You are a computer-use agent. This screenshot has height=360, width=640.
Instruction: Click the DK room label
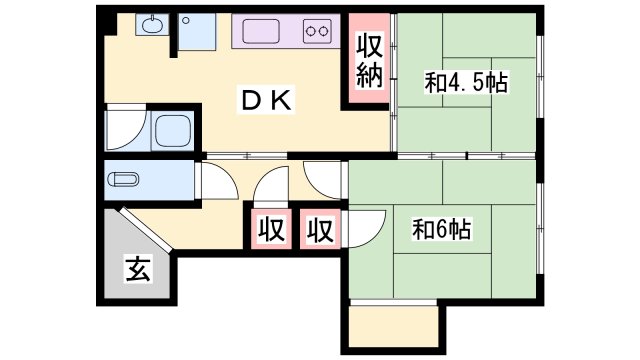tap(267, 100)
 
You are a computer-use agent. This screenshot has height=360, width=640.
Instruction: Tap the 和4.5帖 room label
tap(466, 82)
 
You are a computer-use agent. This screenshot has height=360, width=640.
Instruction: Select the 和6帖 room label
tap(442, 229)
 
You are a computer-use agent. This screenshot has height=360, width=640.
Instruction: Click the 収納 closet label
tap(370, 61)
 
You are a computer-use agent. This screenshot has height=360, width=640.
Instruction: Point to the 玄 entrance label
tap(138, 269)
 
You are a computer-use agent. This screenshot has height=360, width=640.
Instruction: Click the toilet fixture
tap(123, 180)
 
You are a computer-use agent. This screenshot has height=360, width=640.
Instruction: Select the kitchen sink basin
tap(261, 31)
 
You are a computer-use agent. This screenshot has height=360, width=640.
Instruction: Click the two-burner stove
tap(317, 31)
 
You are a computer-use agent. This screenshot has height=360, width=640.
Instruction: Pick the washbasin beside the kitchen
tap(152, 24)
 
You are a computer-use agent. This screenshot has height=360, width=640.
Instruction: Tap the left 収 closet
tap(271, 229)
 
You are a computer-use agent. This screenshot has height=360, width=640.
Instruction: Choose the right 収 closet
tap(320, 229)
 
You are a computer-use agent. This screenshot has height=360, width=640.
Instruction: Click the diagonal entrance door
tap(145, 230)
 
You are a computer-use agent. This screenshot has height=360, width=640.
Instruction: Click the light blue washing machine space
tap(197, 32)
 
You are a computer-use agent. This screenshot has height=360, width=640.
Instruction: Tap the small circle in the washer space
tap(186, 20)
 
